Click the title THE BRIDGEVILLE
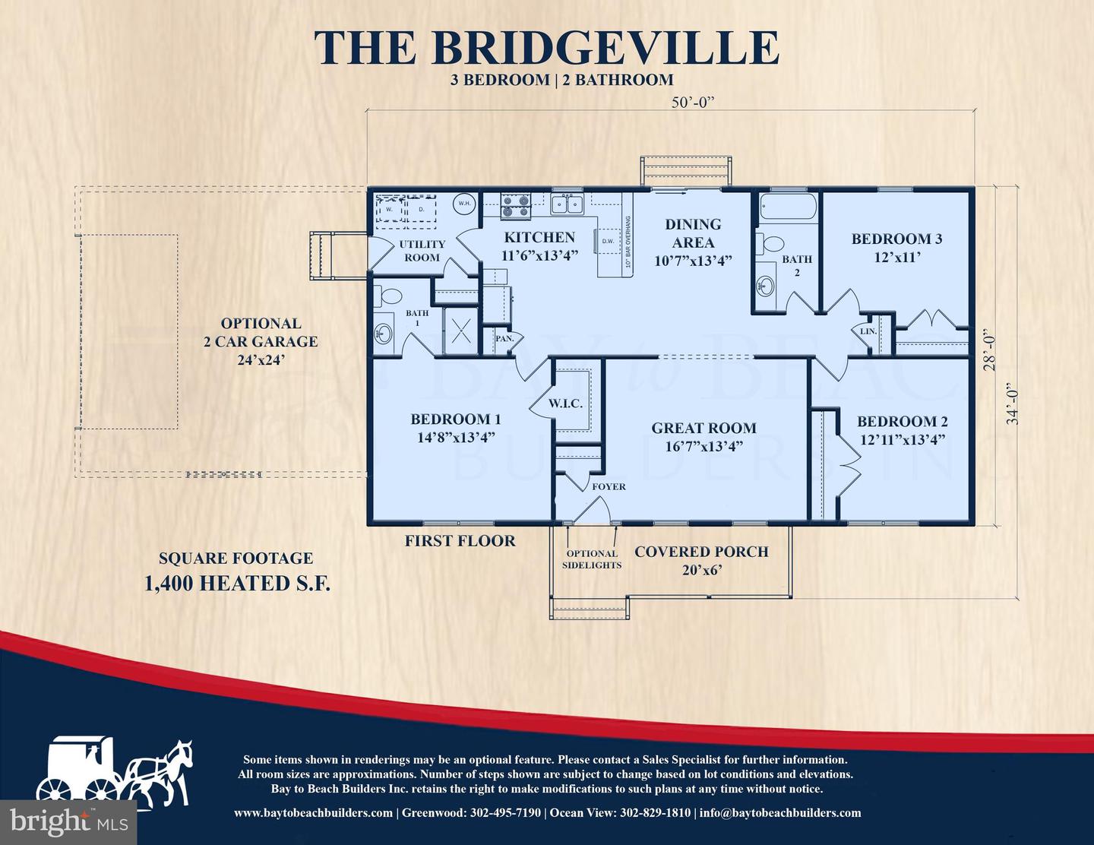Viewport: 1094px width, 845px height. pos(547,47)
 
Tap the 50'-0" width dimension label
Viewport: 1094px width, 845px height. pos(693,103)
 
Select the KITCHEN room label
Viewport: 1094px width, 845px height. pos(539,237)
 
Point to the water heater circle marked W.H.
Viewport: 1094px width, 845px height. pos(464,204)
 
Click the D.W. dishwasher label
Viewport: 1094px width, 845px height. pos(609,241)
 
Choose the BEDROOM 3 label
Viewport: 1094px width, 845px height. pos(896,239)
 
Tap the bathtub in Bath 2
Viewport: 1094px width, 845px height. pos(788,207)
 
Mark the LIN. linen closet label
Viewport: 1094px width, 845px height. pos(868,331)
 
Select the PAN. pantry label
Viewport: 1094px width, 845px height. pos(504,338)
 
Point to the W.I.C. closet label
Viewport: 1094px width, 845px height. pos(565,404)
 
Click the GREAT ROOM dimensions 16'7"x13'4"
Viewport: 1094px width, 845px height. pos(704,446)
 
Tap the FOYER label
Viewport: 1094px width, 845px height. pos(609,486)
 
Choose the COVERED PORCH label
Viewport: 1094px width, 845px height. pos(701,552)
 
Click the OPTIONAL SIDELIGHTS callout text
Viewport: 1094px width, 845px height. pos(592,559)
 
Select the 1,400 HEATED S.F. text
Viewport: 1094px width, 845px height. pos(238,583)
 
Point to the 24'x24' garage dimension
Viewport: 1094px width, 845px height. pos(261,360)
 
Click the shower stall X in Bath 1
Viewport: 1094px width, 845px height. pos(460,331)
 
